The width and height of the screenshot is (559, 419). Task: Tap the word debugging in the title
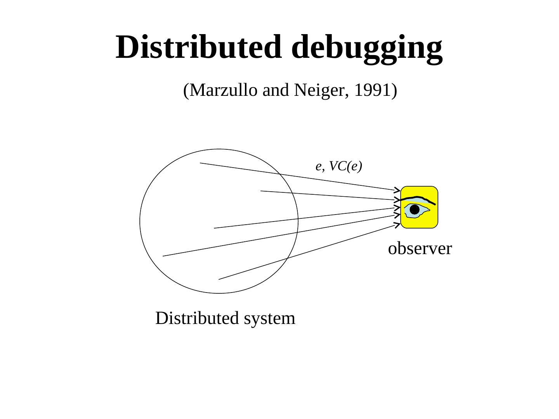point(367,48)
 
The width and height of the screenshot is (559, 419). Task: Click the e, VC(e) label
point(339,166)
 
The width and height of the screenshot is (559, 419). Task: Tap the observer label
point(420,249)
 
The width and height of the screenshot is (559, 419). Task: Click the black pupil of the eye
point(415,210)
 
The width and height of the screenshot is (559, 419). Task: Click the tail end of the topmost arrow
point(201,163)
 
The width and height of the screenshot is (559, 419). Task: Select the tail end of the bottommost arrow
point(219,279)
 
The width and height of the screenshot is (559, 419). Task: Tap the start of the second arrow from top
point(261,191)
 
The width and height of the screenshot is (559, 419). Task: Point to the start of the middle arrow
point(215,228)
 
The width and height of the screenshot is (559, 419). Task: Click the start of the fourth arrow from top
point(163,256)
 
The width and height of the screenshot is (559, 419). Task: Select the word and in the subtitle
point(276,91)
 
